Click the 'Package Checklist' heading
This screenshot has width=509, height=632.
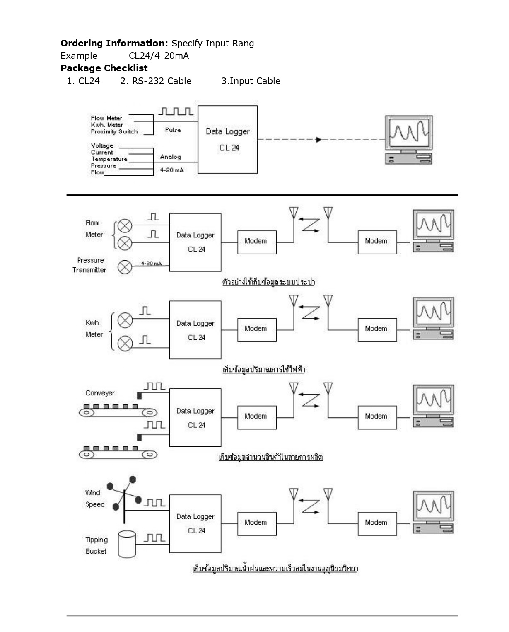pyautogui.click(x=104, y=68)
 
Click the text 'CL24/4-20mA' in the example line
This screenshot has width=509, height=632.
pyautogui.click(x=159, y=56)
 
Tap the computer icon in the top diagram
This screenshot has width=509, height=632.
pyautogui.click(x=408, y=140)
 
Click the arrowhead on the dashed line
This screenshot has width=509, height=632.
pyautogui.click(x=318, y=140)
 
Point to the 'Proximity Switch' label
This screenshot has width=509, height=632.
pyautogui.click(x=114, y=132)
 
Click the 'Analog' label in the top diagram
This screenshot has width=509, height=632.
pyautogui.click(x=171, y=157)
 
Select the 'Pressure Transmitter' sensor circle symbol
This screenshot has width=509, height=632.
pyautogui.click(x=125, y=267)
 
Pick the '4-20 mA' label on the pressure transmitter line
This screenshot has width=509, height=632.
pyautogui.click(x=151, y=264)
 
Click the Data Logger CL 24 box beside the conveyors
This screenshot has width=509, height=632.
pyautogui.click(x=195, y=417)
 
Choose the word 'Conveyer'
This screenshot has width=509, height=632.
pyautogui.click(x=100, y=393)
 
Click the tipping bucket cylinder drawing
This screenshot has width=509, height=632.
pyautogui.click(x=127, y=544)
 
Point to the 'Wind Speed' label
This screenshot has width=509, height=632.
pyautogui.click(x=94, y=499)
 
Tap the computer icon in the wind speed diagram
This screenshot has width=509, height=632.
pyautogui.click(x=433, y=512)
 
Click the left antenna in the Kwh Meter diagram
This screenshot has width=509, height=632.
pyautogui.click(x=294, y=301)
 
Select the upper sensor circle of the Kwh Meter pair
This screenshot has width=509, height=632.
pyautogui.click(x=125, y=320)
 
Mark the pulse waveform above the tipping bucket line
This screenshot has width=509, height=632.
pyautogui.click(x=155, y=538)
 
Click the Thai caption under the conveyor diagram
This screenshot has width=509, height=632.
pyautogui.click(x=270, y=458)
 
